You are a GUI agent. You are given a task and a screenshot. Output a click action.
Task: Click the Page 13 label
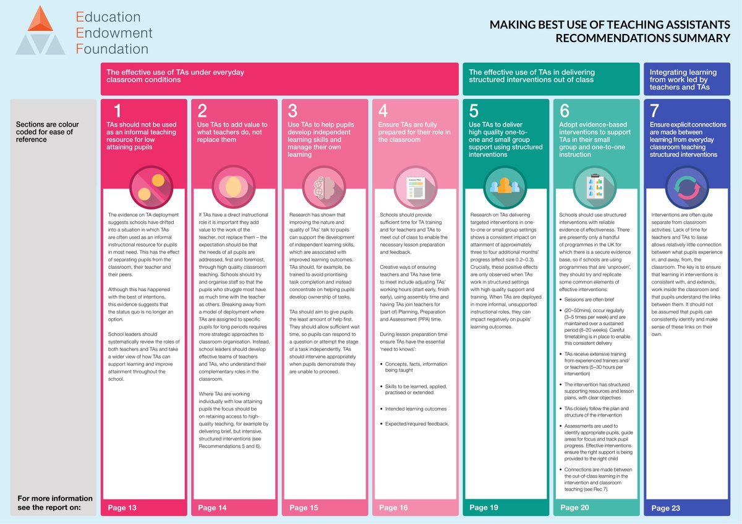(122, 508)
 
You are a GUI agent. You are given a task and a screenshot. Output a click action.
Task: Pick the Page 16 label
(393, 508)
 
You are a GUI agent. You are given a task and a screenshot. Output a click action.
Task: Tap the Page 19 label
(484, 508)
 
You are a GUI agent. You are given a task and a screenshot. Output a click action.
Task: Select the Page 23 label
(665, 508)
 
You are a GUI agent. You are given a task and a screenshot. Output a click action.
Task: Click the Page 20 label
(574, 508)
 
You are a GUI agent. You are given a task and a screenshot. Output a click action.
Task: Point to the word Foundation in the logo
(112, 49)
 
